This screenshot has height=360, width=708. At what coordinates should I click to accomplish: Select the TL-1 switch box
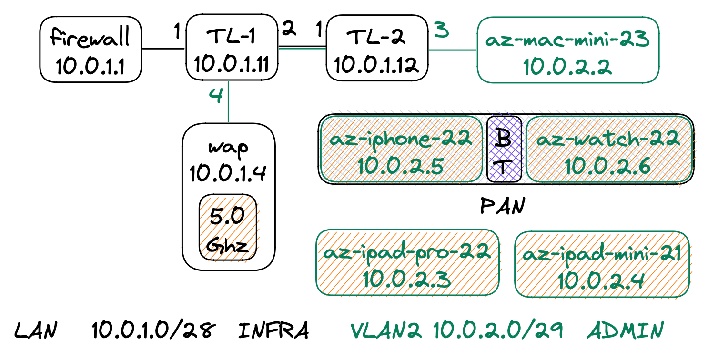click(232, 48)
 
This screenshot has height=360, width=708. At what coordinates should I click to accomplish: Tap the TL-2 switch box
click(377, 48)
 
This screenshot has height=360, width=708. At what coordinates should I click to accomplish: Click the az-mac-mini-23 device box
click(568, 50)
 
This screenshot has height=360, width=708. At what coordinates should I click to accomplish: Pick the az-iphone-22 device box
click(401, 150)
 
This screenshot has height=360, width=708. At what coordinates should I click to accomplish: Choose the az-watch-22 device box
click(609, 150)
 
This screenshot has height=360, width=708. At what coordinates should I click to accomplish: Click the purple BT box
click(504, 150)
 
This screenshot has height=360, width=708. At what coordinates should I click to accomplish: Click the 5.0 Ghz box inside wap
click(228, 229)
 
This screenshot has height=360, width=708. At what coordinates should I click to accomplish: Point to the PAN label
click(501, 207)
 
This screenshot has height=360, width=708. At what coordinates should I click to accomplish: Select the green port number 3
click(442, 30)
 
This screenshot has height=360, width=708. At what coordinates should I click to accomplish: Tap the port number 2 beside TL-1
click(289, 29)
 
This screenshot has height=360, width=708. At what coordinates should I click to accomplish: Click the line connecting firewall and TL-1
click(163, 49)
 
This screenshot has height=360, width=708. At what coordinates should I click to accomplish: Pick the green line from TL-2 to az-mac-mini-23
click(453, 50)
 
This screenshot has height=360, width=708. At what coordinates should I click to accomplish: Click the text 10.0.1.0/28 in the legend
click(154, 330)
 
